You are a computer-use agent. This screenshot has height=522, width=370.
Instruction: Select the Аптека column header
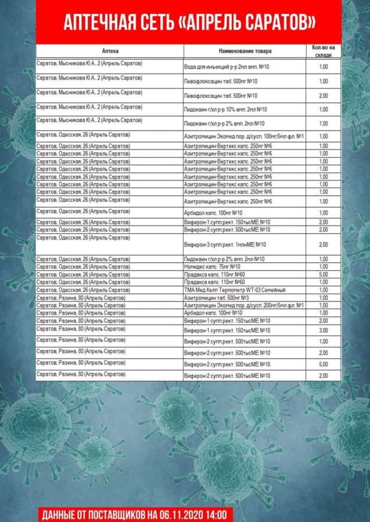(x=110, y=51)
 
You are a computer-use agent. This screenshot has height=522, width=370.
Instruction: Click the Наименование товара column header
(x=245, y=51)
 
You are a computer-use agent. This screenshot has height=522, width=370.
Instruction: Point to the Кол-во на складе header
(x=324, y=51)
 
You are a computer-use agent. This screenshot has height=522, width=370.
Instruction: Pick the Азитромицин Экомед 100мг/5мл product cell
(x=244, y=136)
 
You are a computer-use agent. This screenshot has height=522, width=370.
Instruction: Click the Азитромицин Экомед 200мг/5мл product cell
(x=244, y=305)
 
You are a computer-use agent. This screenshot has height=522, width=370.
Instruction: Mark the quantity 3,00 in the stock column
(x=324, y=330)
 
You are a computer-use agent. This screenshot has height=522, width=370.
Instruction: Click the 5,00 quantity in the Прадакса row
(x=324, y=274)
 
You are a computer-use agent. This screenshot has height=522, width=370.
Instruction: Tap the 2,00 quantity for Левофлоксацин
(x=324, y=96)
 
